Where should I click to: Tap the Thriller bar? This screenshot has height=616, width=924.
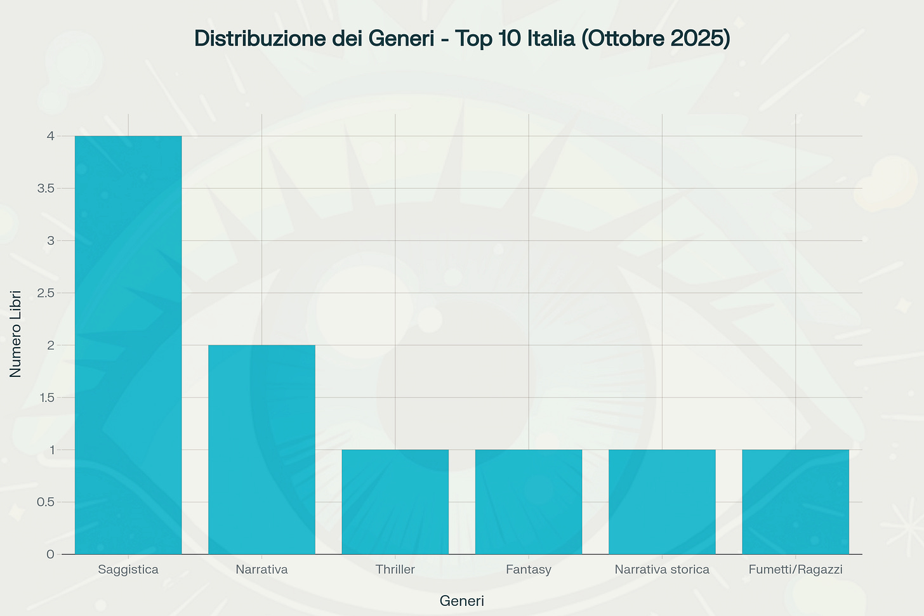[x=395, y=502]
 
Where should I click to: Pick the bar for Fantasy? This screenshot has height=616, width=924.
[x=529, y=502]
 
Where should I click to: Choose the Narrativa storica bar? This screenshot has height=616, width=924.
[x=662, y=502]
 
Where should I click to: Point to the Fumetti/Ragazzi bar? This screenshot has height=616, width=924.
[x=795, y=502]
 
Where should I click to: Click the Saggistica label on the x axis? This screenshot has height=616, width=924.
[x=128, y=570]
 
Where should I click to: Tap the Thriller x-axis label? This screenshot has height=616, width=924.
[x=395, y=570]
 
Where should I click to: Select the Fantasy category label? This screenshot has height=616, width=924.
[x=529, y=570]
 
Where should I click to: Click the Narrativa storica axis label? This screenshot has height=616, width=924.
[x=662, y=570]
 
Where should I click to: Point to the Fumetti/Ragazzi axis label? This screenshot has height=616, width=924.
[x=795, y=570]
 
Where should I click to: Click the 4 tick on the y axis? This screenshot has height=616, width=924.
[x=50, y=136]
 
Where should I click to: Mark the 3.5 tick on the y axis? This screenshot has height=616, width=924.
[x=45, y=188]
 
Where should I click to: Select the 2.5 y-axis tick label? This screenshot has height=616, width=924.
[x=45, y=293]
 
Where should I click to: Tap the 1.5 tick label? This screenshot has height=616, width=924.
[x=45, y=398]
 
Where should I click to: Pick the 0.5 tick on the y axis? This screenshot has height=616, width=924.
[x=45, y=502]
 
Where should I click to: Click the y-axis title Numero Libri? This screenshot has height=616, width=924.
[x=16, y=334]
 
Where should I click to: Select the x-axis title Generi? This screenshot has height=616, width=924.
[x=461, y=601]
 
